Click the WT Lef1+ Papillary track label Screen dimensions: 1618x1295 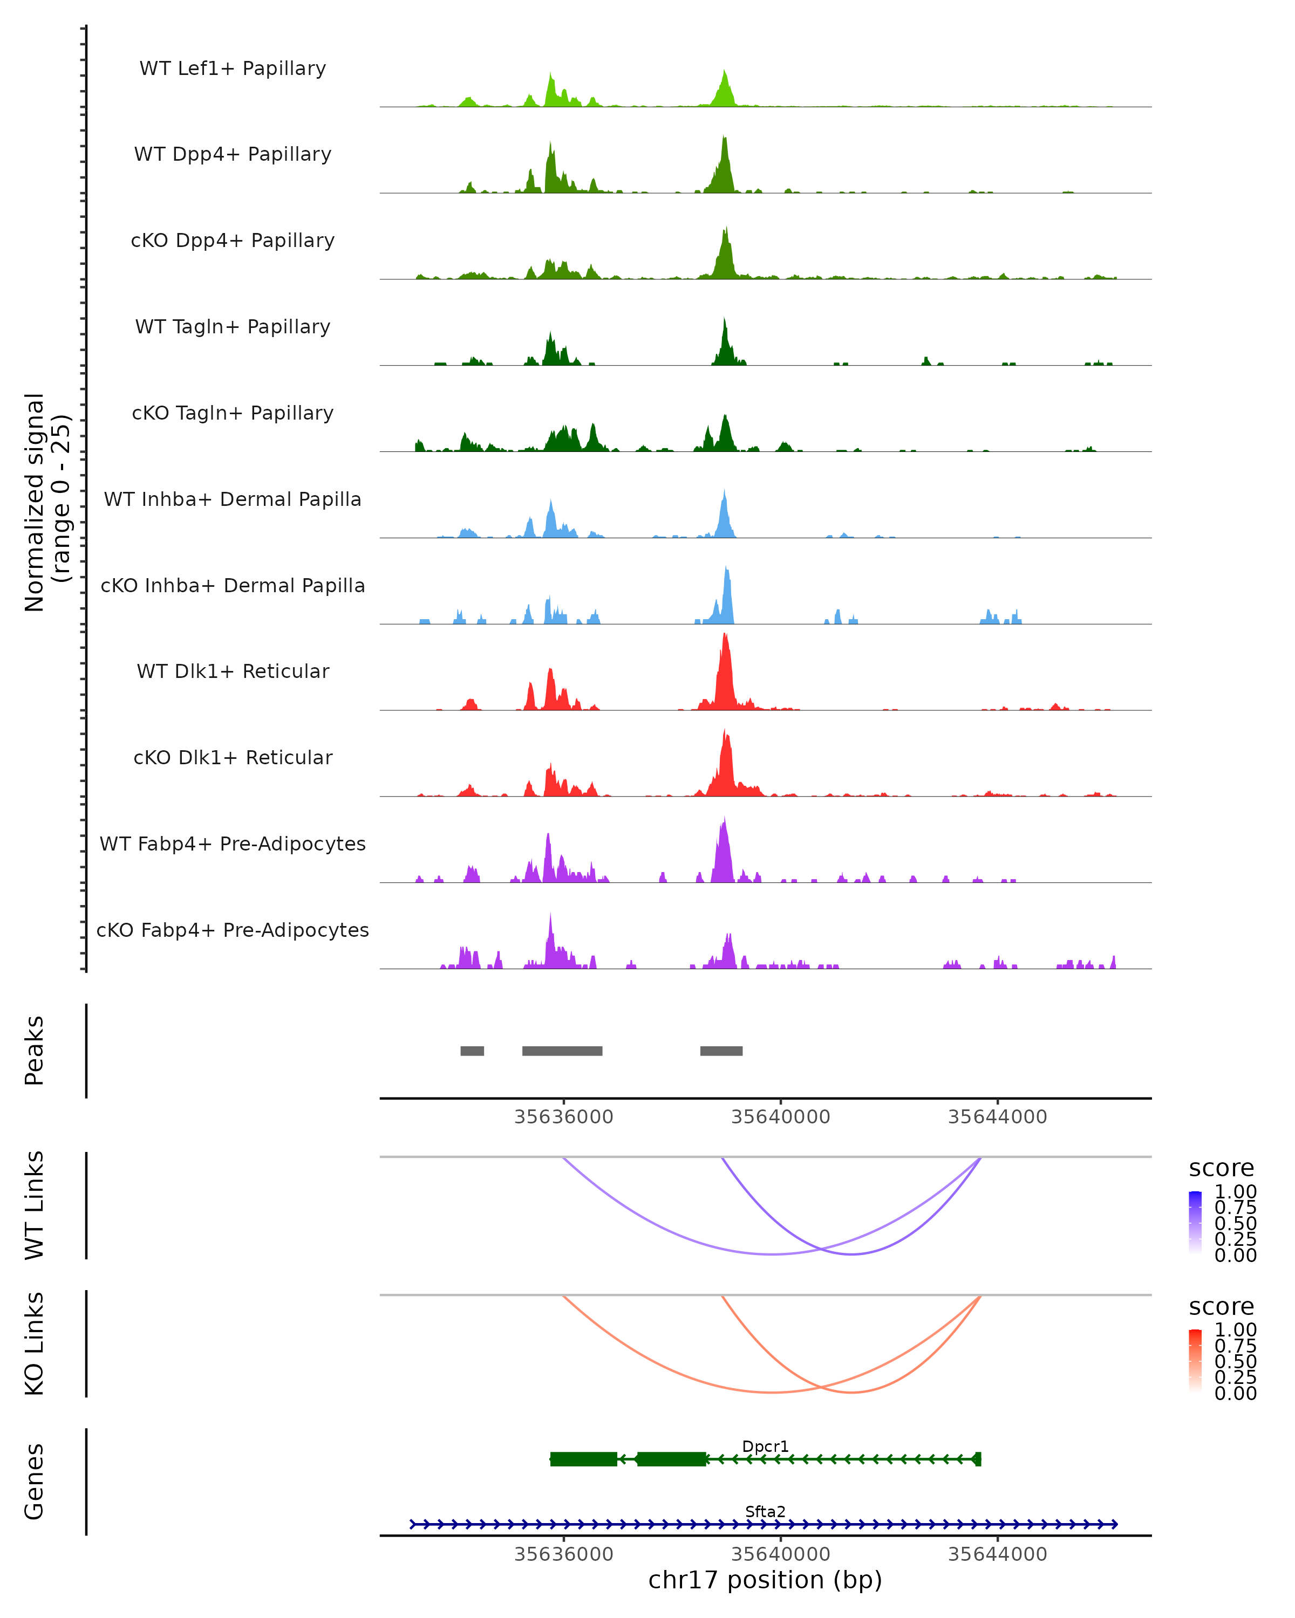(x=233, y=68)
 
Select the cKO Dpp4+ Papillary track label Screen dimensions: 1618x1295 (x=233, y=241)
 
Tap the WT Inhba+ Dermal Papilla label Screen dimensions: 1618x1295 (x=233, y=500)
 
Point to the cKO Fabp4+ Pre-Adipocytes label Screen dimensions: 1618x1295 (x=233, y=930)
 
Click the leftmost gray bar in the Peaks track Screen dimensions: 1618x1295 (x=472, y=1051)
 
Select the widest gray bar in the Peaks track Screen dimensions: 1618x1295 (x=562, y=1051)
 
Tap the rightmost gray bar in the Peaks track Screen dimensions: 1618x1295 (x=721, y=1051)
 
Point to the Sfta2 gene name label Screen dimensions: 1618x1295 (x=765, y=1511)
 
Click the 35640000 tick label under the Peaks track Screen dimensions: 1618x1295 (x=781, y=1117)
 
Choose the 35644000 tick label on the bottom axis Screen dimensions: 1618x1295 (x=997, y=1554)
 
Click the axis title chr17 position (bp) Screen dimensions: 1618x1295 (x=765, y=1580)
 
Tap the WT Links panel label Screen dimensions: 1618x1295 (x=35, y=1205)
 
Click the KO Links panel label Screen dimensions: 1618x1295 (x=35, y=1343)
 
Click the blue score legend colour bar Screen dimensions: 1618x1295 (x=1195, y=1222)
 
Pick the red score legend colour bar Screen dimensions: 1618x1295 (x=1195, y=1360)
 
